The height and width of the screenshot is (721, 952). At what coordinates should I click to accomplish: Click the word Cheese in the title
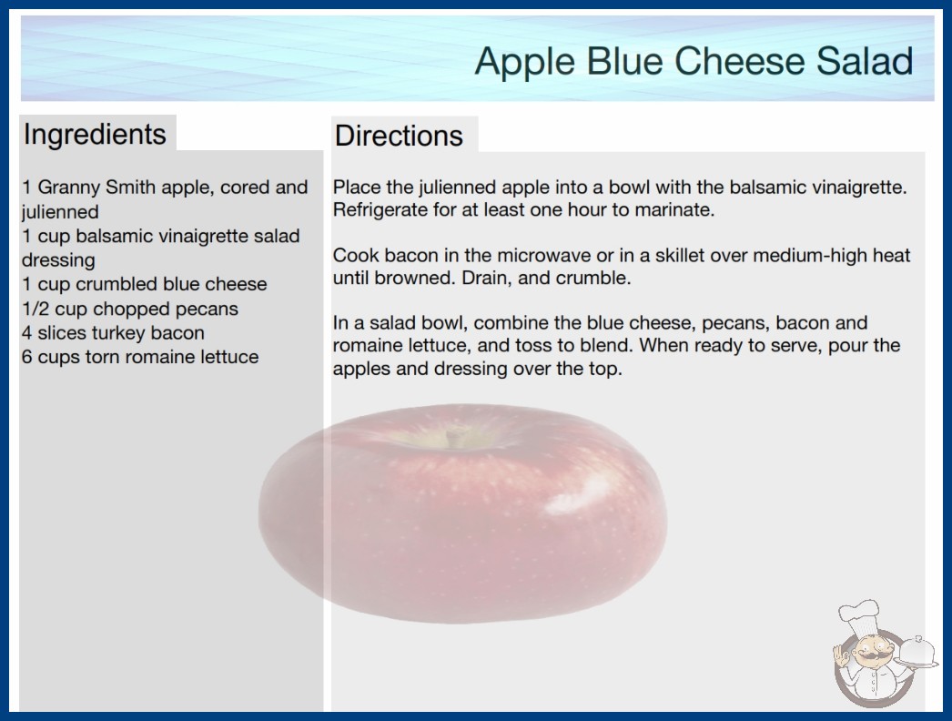(739, 61)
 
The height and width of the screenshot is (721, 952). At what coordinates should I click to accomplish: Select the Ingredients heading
(95, 135)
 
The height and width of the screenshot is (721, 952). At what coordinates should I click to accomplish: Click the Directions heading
(399, 136)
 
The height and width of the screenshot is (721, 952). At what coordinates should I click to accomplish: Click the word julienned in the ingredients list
(60, 212)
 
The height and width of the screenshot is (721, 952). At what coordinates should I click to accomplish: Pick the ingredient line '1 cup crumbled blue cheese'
(145, 284)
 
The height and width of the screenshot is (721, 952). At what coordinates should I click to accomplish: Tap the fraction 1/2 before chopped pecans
(35, 309)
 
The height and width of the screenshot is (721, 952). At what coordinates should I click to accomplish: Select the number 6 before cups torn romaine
(26, 357)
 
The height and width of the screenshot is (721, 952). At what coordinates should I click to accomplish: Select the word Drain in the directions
(483, 279)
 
